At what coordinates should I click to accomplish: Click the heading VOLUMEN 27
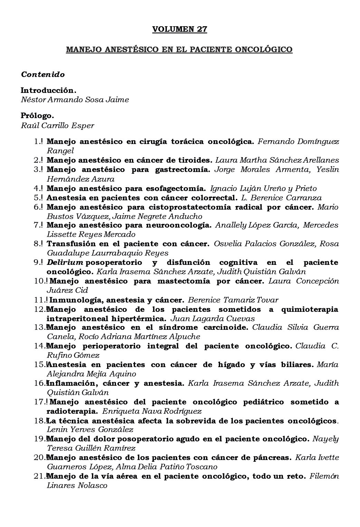(180, 29)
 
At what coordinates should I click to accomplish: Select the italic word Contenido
(43, 74)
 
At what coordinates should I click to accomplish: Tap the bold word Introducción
(48, 90)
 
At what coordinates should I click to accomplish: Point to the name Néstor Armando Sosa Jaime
(75, 100)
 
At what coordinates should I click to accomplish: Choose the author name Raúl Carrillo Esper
(58, 125)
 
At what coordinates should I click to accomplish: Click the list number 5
(37, 198)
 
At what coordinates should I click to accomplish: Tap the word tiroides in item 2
(196, 160)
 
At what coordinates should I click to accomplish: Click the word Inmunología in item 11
(71, 300)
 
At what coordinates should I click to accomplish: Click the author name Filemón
(324, 476)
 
